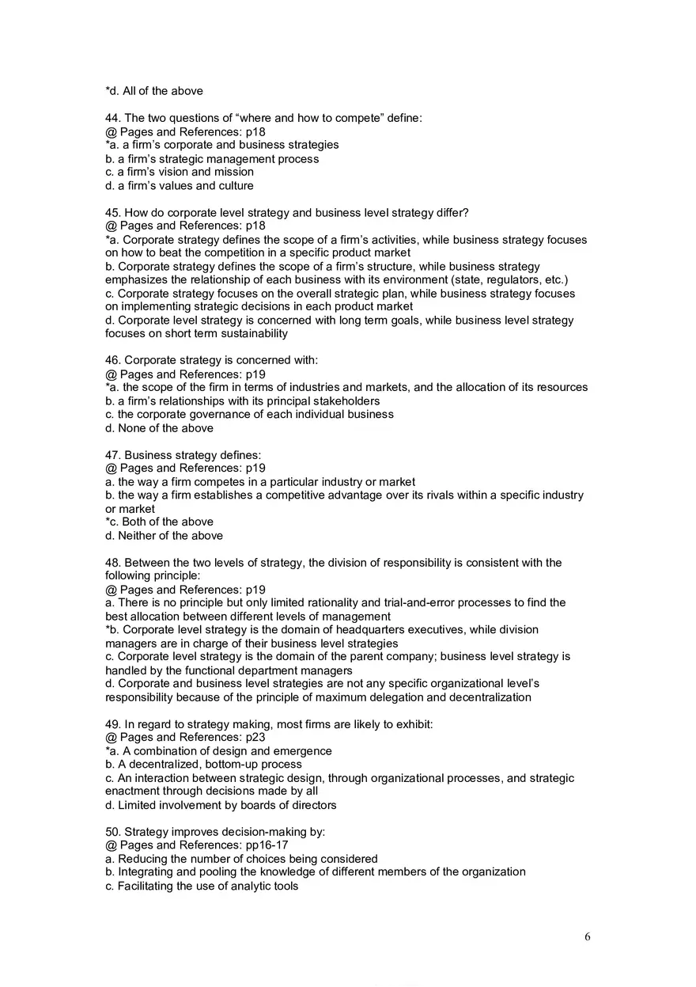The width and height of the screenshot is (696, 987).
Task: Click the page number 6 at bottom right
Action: click(x=587, y=937)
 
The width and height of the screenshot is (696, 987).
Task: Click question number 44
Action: click(x=113, y=118)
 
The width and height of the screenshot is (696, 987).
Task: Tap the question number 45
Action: click(x=113, y=213)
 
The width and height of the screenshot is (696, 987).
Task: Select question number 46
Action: click(x=113, y=360)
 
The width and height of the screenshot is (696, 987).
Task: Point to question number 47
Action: click(x=113, y=455)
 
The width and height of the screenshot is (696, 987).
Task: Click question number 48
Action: click(x=113, y=563)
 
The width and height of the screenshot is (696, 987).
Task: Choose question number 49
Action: click(x=113, y=724)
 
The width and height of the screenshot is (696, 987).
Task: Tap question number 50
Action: click(x=113, y=832)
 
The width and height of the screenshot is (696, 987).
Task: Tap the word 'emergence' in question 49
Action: click(x=302, y=751)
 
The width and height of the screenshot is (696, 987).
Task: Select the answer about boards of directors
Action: click(x=221, y=805)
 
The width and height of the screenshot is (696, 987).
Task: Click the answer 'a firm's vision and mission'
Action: click(x=180, y=172)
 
